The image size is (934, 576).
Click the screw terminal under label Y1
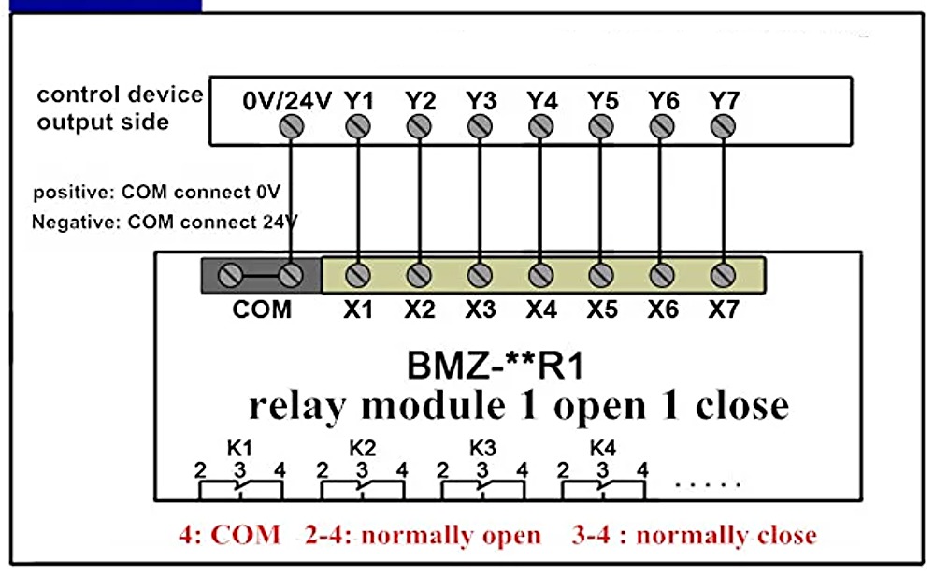356,126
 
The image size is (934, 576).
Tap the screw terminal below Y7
722,126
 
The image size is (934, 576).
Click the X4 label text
540,308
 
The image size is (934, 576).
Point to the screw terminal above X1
356,275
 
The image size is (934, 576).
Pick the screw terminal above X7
722,275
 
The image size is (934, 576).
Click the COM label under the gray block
262,308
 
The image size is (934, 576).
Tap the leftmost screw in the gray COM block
230,275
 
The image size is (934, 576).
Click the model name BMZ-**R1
495,365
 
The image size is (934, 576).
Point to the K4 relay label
602,448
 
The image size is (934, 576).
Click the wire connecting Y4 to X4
540,201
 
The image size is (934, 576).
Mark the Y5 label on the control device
602,100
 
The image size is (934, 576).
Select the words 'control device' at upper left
120,94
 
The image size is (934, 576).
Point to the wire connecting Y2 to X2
419,201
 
